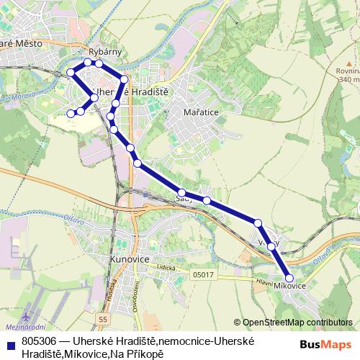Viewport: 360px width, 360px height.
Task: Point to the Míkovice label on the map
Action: [x=290, y=286]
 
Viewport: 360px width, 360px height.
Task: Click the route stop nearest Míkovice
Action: [x=289, y=277]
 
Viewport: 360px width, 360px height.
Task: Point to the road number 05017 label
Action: [x=203, y=274]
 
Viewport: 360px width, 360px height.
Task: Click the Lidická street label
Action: [x=168, y=266]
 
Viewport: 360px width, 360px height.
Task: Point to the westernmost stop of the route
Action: [x=71, y=113]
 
